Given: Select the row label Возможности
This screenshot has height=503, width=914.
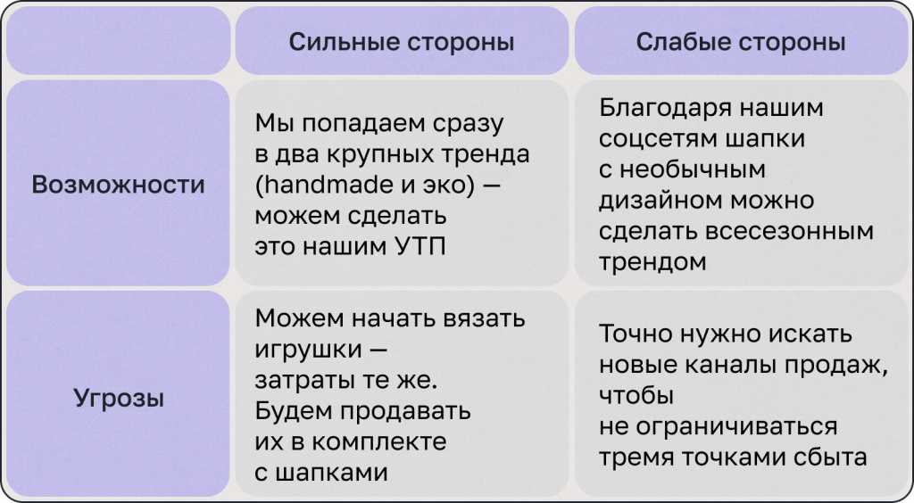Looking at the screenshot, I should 118,185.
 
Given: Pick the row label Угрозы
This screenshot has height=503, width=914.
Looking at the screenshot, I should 118,397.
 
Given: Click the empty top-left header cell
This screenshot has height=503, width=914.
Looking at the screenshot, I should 118,41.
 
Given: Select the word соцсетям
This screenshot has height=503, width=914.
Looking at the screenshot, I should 646,139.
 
